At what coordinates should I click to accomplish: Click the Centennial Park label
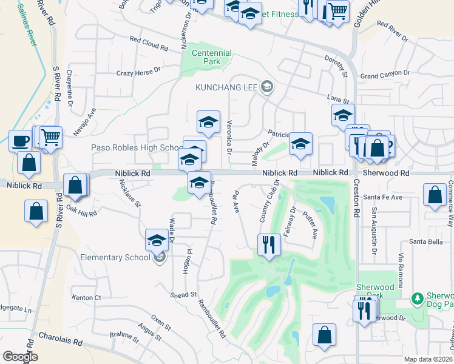tap(212, 57)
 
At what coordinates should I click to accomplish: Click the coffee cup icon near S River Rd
tap(20, 141)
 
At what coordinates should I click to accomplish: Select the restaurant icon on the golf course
tap(268, 245)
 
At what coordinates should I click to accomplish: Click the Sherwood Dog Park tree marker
tap(417, 298)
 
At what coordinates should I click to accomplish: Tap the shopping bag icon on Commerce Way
tap(435, 195)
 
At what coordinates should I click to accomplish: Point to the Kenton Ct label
tap(86, 298)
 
